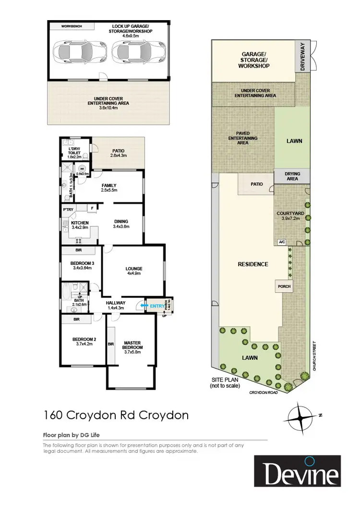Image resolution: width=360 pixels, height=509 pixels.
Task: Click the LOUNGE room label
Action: tap(134, 269)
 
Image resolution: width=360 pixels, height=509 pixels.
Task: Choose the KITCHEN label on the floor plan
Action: tap(80, 223)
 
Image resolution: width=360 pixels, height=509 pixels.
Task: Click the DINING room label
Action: tap(121, 221)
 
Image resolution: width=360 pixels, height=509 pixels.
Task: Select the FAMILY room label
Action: tap(108, 185)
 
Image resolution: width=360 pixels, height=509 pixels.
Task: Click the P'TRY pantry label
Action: tap(68, 209)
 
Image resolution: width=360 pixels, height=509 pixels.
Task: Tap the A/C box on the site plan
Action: tap(282, 242)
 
